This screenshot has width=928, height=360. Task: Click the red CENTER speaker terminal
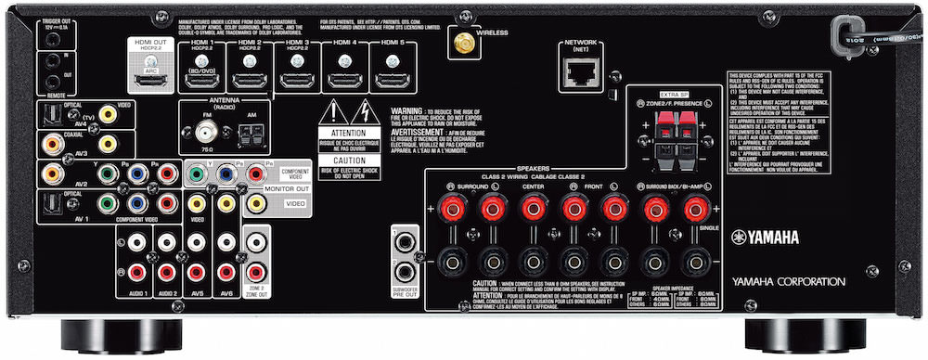pyautogui.click(x=531, y=210)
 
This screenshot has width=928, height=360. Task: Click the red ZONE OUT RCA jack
pyautogui.click(x=255, y=273)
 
